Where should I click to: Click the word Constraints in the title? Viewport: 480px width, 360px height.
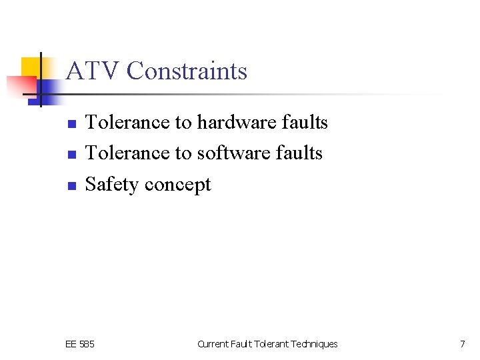pyautogui.click(x=187, y=71)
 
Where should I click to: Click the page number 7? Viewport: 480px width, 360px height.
pyautogui.click(x=462, y=344)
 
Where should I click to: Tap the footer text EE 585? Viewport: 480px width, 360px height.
pyautogui.click(x=80, y=344)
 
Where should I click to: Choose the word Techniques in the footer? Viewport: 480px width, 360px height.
pyautogui.click(x=314, y=344)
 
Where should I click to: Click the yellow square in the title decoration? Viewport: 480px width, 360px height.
pyautogui.click(x=31, y=67)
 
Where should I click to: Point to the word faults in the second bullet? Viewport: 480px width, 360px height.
pyautogui.click(x=300, y=153)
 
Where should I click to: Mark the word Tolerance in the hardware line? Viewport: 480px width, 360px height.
pyautogui.click(x=127, y=123)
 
